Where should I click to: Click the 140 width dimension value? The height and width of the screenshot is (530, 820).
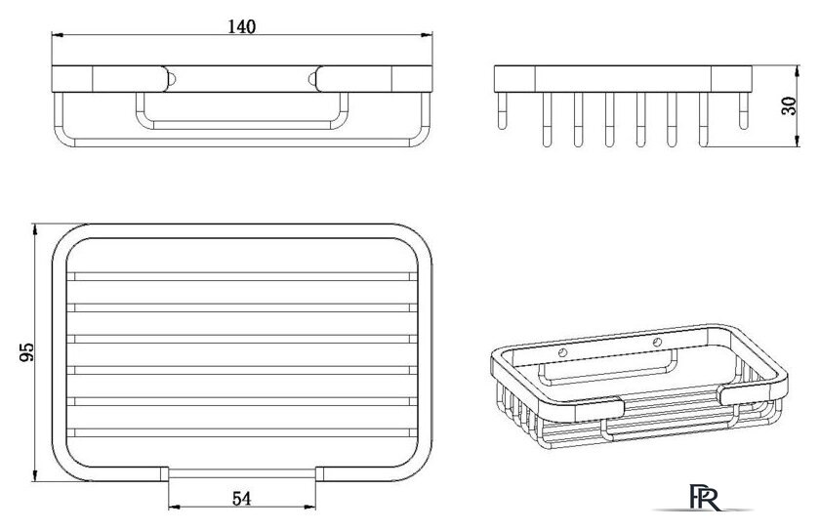pos(242,26)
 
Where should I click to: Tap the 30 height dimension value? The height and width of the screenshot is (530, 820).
pos(789,106)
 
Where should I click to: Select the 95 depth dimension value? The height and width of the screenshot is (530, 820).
pos(26,352)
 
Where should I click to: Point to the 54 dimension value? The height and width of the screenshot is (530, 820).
pos(242,499)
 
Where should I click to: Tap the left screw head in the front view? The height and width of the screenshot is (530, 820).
pos(171,79)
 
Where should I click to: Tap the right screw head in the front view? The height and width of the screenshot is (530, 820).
pos(312,79)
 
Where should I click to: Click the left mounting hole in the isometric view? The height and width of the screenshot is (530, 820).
pos(562,352)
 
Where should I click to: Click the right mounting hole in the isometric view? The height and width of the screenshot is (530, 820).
pos(657,343)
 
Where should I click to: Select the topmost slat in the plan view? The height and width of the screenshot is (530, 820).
pos(242,276)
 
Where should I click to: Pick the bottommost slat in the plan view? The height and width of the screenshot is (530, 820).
pos(242,432)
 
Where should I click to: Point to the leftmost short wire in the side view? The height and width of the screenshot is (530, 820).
pos(502,111)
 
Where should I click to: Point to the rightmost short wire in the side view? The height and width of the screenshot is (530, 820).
pos(744,111)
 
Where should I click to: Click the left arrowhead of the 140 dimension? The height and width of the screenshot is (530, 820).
pos(57,35)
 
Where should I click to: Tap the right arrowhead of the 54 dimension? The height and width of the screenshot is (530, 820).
pos(310,507)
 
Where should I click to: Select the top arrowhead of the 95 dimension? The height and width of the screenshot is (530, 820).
pos(34,229)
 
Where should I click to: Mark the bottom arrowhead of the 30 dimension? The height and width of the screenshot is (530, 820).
pos(797,142)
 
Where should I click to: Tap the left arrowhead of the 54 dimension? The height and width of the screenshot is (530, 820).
pos(174,507)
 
